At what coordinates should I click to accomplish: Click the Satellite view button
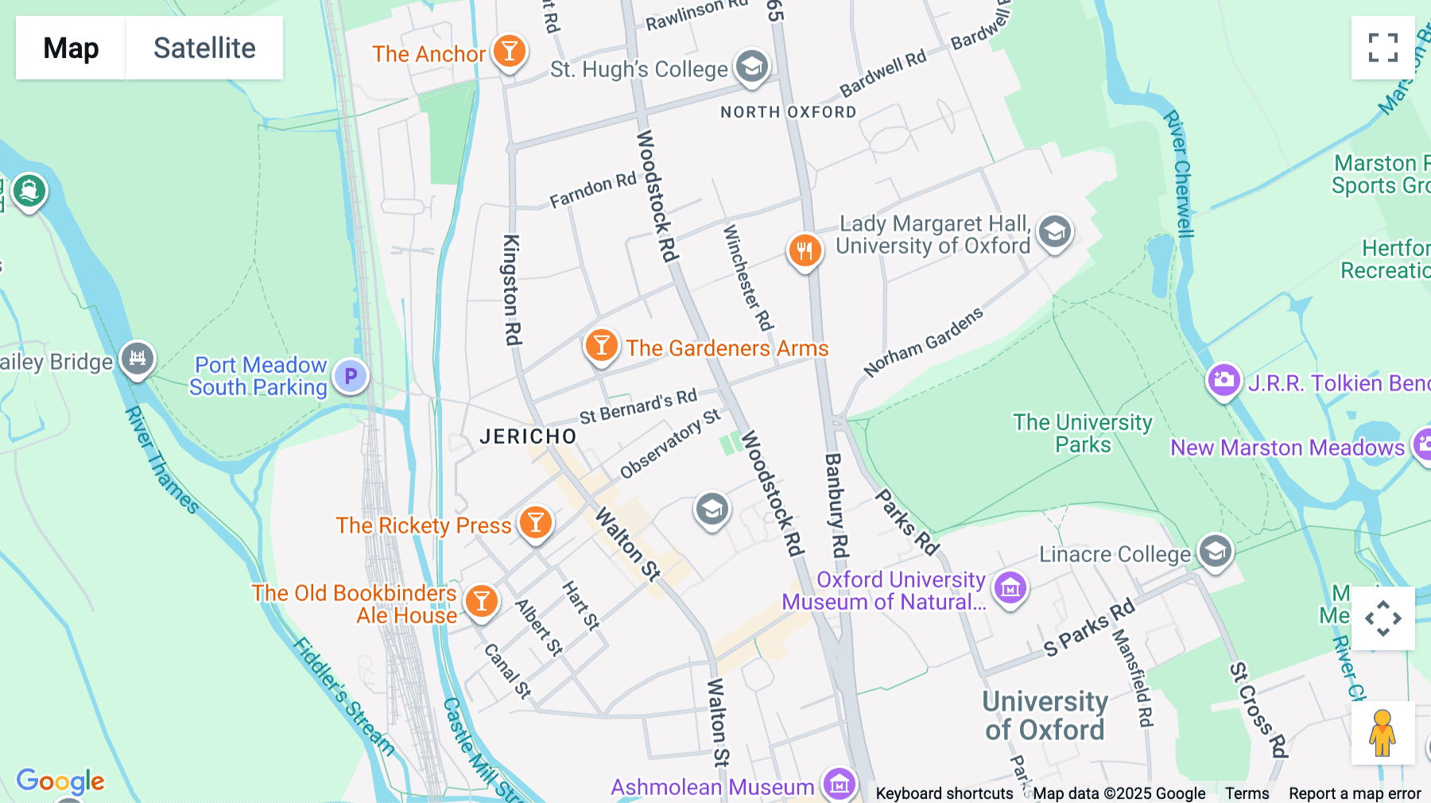(204, 48)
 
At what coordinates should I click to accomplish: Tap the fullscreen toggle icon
(1383, 48)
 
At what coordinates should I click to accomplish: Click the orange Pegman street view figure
(1383, 732)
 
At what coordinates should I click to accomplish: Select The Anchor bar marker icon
(509, 52)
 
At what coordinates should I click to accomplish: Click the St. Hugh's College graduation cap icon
(751, 67)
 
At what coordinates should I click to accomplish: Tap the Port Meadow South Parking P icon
(351, 376)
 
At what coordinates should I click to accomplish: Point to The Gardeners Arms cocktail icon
(602, 346)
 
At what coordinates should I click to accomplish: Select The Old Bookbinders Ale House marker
(481, 602)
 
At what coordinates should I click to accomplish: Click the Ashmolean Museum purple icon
(840, 785)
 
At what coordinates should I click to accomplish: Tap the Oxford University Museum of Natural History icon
(1010, 588)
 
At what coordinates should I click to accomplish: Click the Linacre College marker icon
(1215, 550)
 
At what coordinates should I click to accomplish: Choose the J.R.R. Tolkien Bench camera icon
(1224, 380)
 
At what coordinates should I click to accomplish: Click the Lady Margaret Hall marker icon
(1055, 232)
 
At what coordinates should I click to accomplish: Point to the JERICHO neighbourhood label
(528, 436)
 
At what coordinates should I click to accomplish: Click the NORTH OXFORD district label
(788, 112)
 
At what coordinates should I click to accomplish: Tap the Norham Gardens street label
(924, 342)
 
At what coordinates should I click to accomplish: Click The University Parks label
(1082, 433)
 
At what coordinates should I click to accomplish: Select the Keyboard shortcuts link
(944, 793)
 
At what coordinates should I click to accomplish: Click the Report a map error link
(1355, 793)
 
